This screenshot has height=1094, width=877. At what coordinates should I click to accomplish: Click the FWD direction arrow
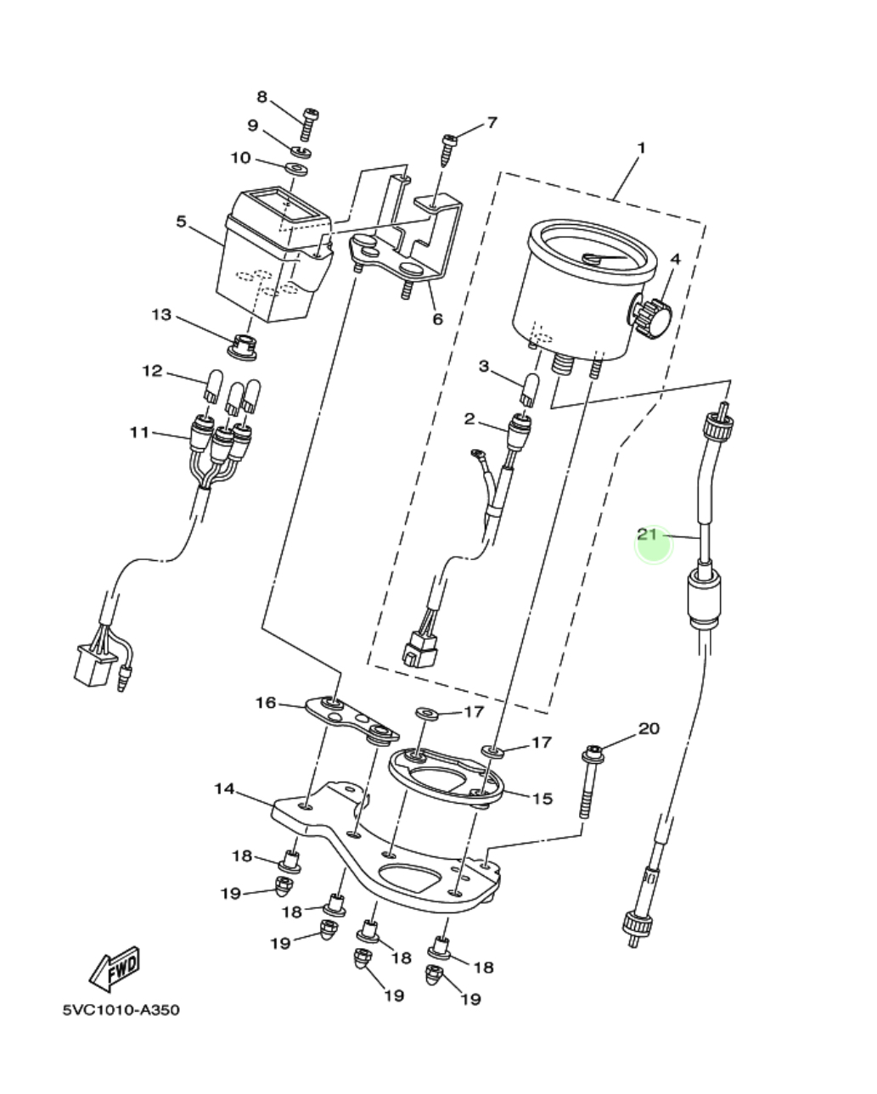pyautogui.click(x=115, y=968)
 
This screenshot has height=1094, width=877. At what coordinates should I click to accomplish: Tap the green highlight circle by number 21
pyautogui.click(x=654, y=545)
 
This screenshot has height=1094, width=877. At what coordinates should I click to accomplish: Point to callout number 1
pyautogui.click(x=642, y=148)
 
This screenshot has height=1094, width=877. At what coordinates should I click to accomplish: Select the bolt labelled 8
pyautogui.click(x=308, y=124)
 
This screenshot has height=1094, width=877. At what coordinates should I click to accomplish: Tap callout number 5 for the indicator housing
pyautogui.click(x=181, y=222)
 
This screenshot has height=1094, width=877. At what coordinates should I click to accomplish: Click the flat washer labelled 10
pyautogui.click(x=296, y=169)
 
